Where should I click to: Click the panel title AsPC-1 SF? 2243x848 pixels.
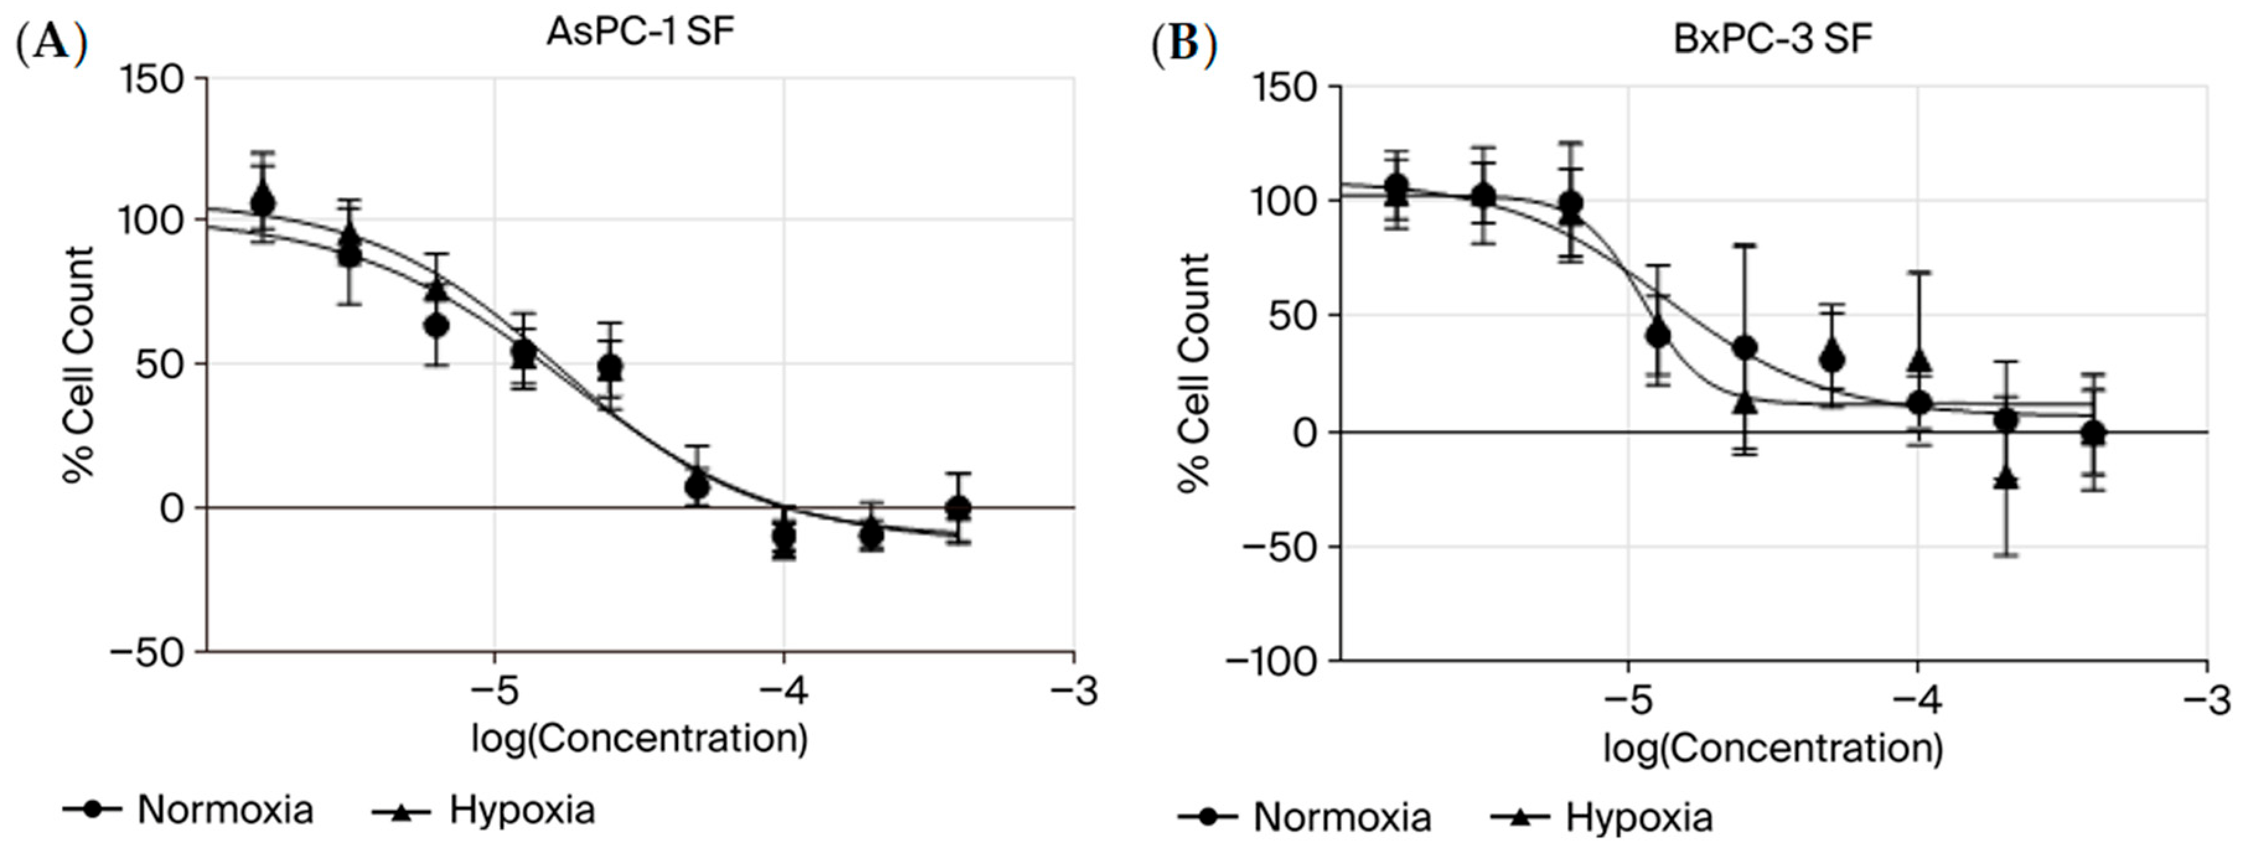coord(640,32)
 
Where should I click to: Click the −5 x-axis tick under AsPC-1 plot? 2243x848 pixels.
coord(494,692)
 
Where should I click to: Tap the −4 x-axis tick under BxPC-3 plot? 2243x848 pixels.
coord(1916,701)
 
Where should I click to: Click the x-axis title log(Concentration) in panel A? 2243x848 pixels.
coord(640,739)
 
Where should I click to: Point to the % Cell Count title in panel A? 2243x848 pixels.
coord(78,364)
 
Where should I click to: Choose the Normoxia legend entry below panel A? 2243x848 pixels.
coord(188,810)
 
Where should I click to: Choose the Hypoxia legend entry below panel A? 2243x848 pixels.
coord(484,810)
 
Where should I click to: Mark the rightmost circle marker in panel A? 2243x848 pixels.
coord(959,506)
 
